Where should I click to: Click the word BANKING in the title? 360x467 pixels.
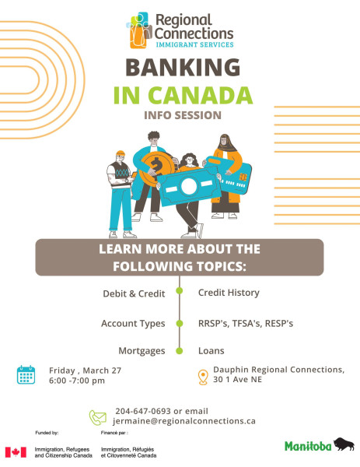(183, 67)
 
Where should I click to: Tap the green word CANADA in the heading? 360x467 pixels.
(201, 95)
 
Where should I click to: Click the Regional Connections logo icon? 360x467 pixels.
(138, 30)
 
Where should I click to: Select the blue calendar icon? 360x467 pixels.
(26, 374)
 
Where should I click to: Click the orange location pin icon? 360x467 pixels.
(203, 377)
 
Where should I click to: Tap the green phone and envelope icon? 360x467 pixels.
(98, 417)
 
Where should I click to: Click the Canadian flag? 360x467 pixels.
(16, 452)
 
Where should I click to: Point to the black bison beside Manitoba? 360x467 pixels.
(344, 444)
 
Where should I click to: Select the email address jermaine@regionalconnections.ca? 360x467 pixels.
(184, 421)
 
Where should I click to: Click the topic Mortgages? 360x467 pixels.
(142, 351)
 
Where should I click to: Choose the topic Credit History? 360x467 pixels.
(229, 293)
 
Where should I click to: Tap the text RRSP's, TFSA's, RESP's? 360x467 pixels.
(246, 324)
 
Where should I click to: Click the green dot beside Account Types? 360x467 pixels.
(180, 324)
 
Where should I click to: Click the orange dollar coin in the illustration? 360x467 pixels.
(156, 167)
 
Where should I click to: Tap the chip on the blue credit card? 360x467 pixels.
(243, 177)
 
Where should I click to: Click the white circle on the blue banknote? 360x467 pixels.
(189, 186)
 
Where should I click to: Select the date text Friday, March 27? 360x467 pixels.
(85, 370)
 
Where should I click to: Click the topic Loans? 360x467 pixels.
(211, 351)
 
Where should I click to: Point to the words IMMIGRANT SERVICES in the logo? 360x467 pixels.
(195, 44)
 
